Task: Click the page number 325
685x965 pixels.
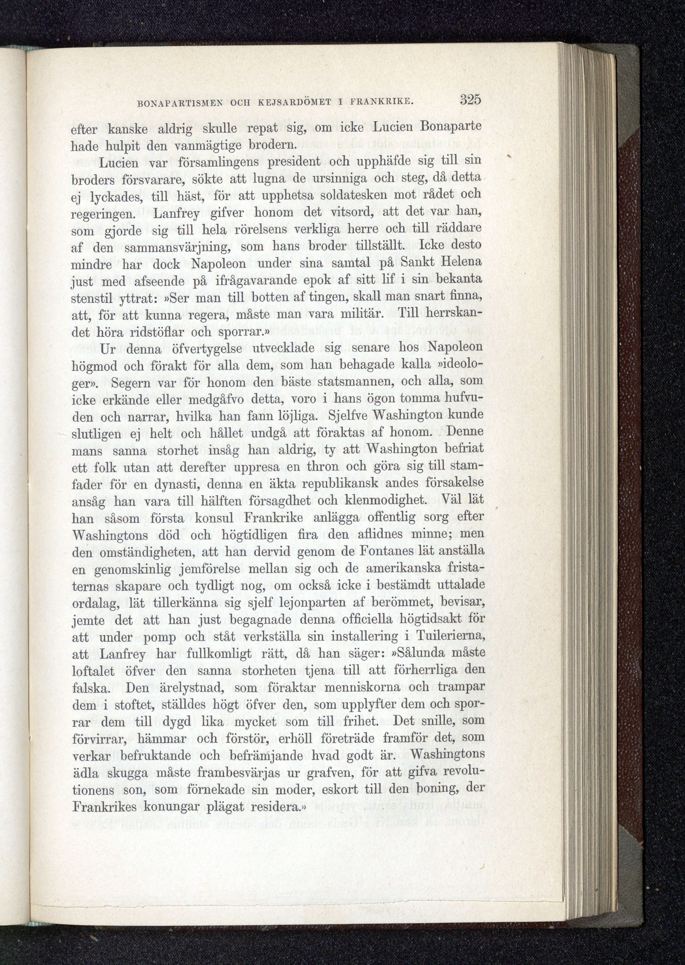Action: pyautogui.click(x=470, y=100)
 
